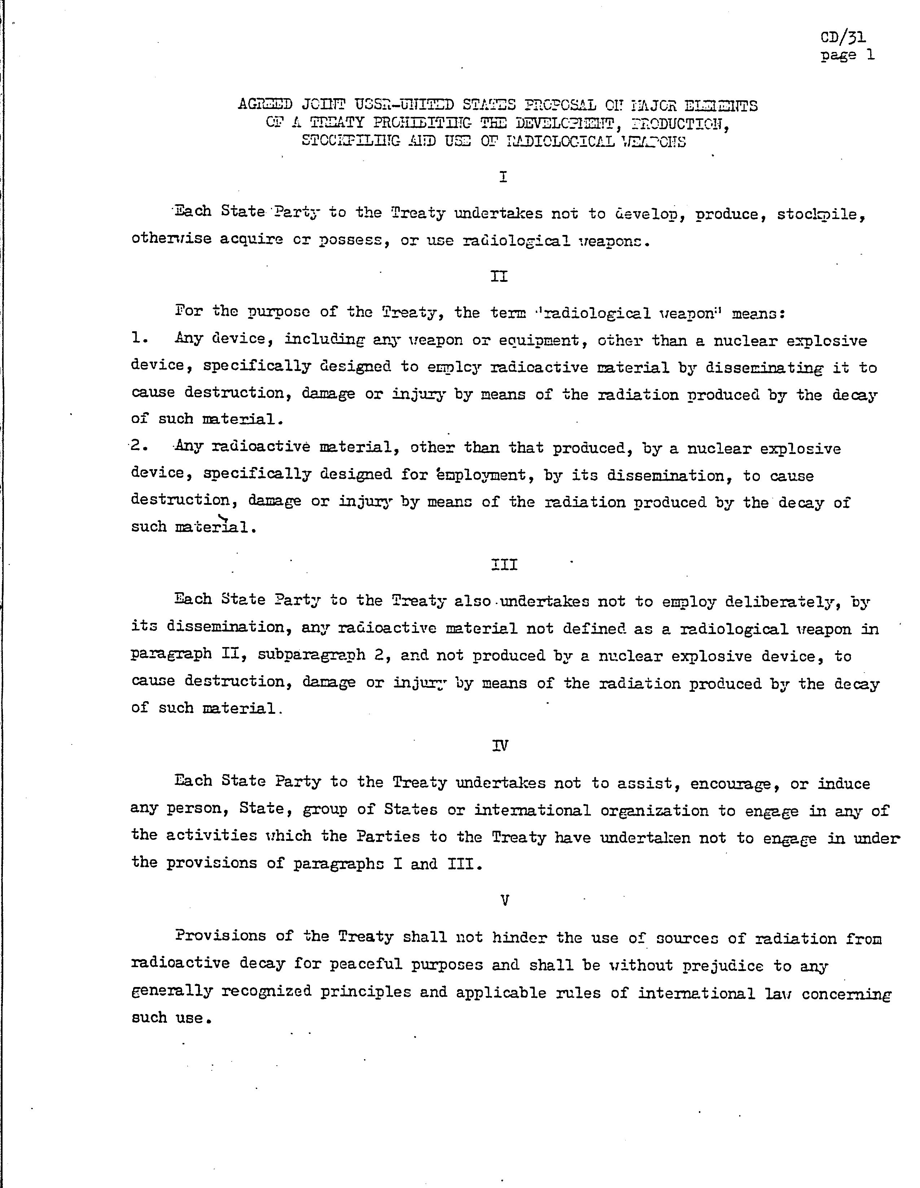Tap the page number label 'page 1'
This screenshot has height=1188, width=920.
pyautogui.click(x=847, y=55)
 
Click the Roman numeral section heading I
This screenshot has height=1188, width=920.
pyautogui.click(x=503, y=177)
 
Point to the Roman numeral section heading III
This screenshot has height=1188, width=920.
pyautogui.click(x=504, y=565)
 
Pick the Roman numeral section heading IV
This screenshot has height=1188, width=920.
pyautogui.click(x=500, y=746)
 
